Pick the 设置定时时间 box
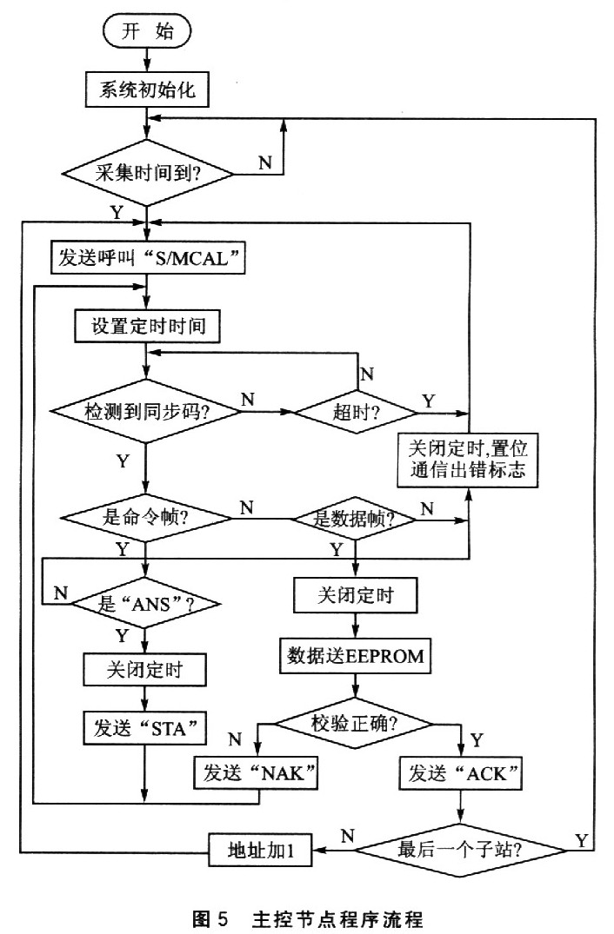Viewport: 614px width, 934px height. point(148,327)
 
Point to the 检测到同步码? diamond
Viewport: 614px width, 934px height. point(145,409)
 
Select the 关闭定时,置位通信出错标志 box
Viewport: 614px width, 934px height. point(468,460)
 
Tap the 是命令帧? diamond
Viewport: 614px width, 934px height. point(145,519)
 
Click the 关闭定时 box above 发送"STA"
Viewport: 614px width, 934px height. point(145,671)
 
